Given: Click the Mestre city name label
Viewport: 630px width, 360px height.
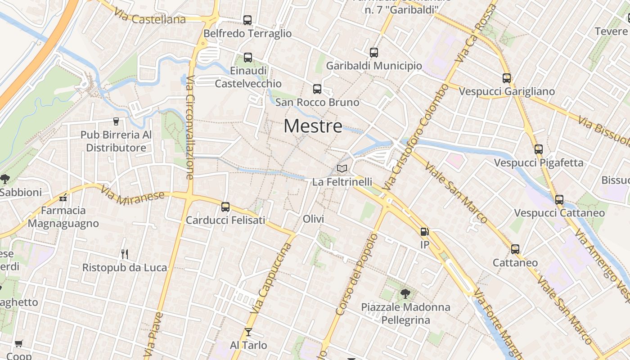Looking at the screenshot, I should click(313, 126).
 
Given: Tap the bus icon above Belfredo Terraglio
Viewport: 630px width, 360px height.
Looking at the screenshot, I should click(247, 20).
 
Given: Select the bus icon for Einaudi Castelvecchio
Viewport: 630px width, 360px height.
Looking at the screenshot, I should click(247, 58).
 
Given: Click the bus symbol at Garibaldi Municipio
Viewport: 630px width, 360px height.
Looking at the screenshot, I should click(373, 53).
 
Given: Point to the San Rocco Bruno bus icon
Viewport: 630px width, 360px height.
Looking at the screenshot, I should click(317, 89).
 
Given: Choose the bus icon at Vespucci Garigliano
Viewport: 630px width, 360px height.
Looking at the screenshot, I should click(507, 78).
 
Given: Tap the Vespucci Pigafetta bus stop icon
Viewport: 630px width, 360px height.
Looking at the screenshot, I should click(539, 149).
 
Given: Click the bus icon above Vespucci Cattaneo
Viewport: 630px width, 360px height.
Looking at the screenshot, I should click(559, 200).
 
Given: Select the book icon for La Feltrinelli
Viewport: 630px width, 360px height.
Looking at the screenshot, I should click(342, 169).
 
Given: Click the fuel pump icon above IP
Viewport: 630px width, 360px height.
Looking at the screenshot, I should click(424, 232).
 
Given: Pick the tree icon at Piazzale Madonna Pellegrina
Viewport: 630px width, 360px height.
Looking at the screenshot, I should click(405, 294).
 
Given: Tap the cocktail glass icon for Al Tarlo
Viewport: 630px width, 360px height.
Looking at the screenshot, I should click(248, 332).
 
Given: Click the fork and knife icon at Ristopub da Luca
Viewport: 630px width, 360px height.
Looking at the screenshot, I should click(125, 254).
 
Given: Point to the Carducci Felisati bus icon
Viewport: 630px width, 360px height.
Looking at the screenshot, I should click(225, 207).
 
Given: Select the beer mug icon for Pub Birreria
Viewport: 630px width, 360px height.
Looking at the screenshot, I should click(116, 121).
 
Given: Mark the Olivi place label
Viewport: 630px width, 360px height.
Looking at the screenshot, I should click(314, 219).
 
